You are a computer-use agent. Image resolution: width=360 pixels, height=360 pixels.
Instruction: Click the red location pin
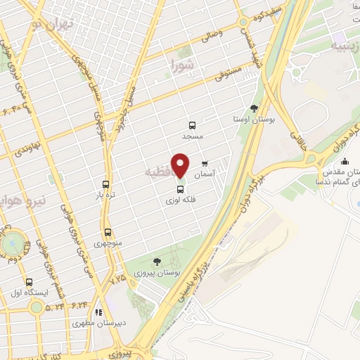(x=181, y=165)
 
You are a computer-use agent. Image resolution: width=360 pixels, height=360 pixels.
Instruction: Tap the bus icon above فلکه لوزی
(x=181, y=188)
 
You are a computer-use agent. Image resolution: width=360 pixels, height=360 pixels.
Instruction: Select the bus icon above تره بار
(x=106, y=184)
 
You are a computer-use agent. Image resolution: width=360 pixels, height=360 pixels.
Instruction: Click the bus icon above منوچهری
(x=108, y=232)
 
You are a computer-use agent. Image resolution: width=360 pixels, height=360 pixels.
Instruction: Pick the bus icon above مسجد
(x=192, y=124)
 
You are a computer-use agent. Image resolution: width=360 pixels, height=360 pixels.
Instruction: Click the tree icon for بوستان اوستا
(x=254, y=108)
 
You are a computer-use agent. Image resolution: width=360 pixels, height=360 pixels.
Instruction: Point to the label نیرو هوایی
(x=21, y=200)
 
